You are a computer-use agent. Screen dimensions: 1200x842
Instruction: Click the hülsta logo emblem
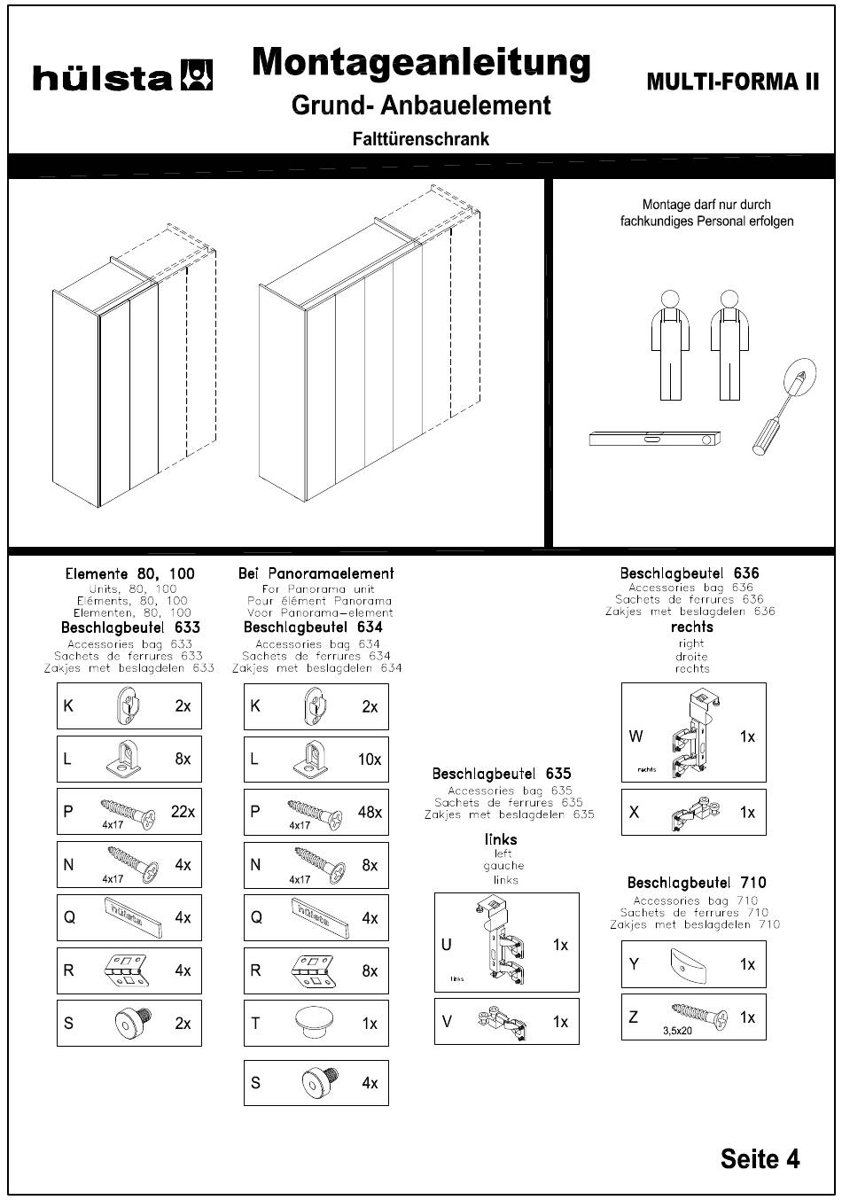[x=196, y=75]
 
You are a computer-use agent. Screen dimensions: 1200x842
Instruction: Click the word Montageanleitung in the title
[x=421, y=63]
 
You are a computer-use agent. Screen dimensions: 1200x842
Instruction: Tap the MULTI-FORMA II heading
[x=733, y=82]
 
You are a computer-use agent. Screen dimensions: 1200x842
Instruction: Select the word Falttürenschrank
[x=420, y=139]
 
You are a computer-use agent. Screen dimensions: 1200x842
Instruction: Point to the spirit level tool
[x=654, y=438]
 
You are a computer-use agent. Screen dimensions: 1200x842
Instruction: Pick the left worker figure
[x=669, y=345]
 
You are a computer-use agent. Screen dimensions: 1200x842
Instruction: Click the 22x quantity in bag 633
[x=183, y=812]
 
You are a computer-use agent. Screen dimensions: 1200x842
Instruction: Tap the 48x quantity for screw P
[x=370, y=812]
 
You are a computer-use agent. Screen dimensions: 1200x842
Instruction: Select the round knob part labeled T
[x=313, y=1024]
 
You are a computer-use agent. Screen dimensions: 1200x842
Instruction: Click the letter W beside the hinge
[x=635, y=736]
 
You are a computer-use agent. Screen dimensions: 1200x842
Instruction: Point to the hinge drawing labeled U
[x=500, y=942]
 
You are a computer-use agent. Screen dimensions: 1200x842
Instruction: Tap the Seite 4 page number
[x=760, y=1158]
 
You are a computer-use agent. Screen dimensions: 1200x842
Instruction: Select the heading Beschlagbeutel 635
[x=501, y=774]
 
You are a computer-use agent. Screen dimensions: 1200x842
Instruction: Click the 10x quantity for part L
[x=370, y=760]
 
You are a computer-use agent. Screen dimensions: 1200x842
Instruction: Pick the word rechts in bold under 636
[x=691, y=627]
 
